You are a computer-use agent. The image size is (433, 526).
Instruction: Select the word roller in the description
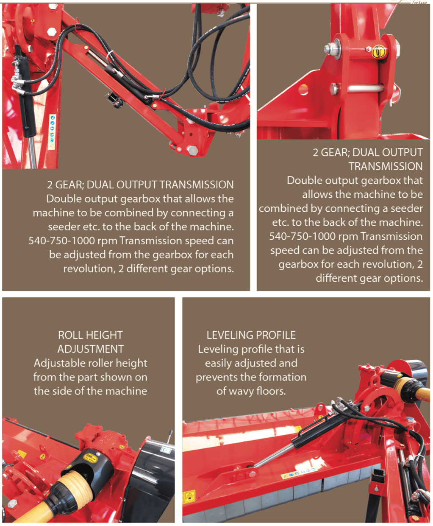tap(97, 363)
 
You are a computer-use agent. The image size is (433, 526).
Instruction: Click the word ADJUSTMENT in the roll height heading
tap(91, 349)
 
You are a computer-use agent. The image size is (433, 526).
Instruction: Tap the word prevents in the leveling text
tap(216, 378)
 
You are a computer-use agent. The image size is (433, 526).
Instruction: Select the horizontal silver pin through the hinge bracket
tap(365, 88)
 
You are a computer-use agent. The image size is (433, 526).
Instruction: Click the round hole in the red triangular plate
tap(304, 89)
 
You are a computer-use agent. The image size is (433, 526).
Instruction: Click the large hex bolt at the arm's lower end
tap(193, 151)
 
